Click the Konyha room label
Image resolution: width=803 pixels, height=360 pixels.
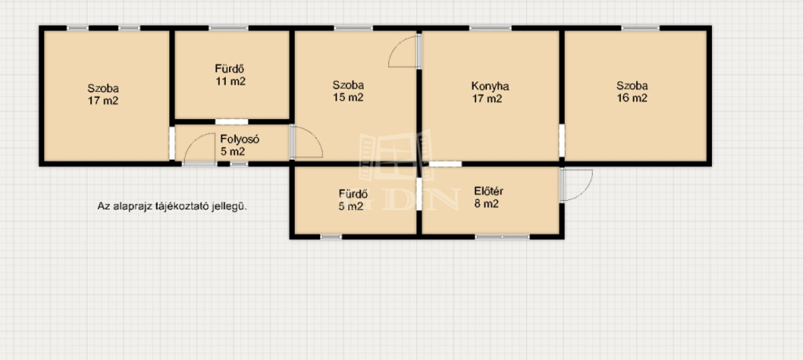coord(490,86)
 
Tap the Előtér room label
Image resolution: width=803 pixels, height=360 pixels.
coord(489,191)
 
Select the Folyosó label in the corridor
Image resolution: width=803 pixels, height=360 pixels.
coord(241,139)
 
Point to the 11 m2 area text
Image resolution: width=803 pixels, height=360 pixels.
coord(231,81)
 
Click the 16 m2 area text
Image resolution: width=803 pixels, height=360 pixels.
coord(632,98)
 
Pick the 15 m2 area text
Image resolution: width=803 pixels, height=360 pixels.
coord(347,97)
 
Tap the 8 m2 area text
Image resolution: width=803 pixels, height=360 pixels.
coord(486,204)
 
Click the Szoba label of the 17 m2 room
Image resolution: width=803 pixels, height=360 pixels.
coord(103,88)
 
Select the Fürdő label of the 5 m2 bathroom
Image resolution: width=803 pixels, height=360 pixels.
coord(353,194)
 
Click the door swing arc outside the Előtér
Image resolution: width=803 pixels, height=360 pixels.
coord(586,191)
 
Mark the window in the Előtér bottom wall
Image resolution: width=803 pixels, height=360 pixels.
coord(502,237)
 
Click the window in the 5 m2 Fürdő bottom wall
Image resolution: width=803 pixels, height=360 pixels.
coord(331,237)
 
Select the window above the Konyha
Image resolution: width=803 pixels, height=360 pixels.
coord(491,27)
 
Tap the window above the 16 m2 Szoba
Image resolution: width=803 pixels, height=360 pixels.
coord(641,27)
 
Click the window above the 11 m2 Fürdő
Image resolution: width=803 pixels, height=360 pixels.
coord(228,27)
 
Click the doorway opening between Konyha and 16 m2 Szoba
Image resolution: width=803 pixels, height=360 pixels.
coord(561,140)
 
